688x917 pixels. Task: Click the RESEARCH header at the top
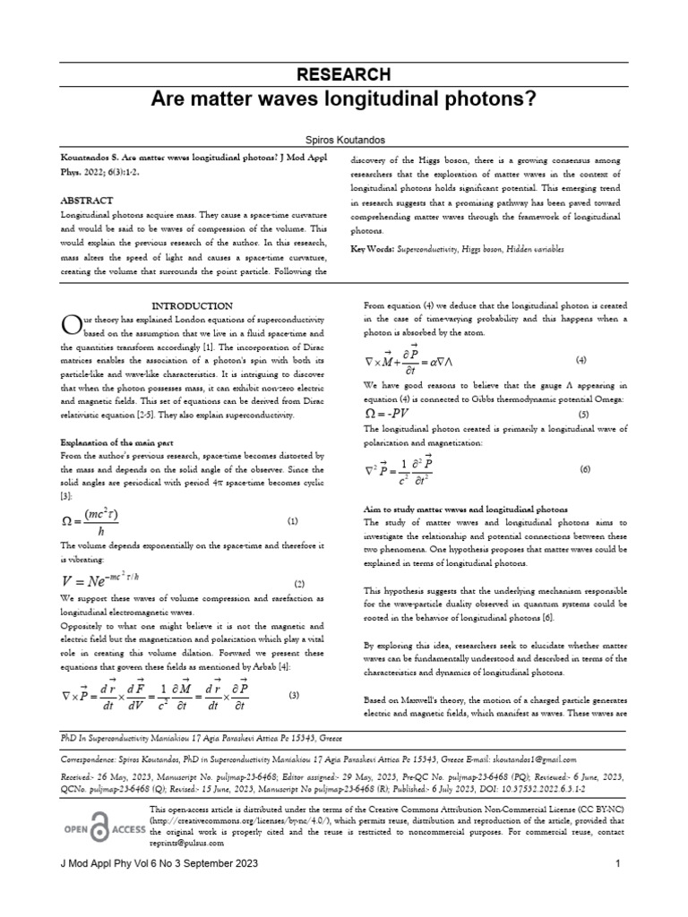[x=344, y=74]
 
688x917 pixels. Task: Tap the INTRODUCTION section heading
[x=192, y=305]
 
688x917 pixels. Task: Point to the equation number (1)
[x=292, y=520]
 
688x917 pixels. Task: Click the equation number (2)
[x=299, y=583]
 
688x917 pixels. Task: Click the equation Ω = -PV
[x=400, y=415]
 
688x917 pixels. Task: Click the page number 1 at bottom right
[x=618, y=887]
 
